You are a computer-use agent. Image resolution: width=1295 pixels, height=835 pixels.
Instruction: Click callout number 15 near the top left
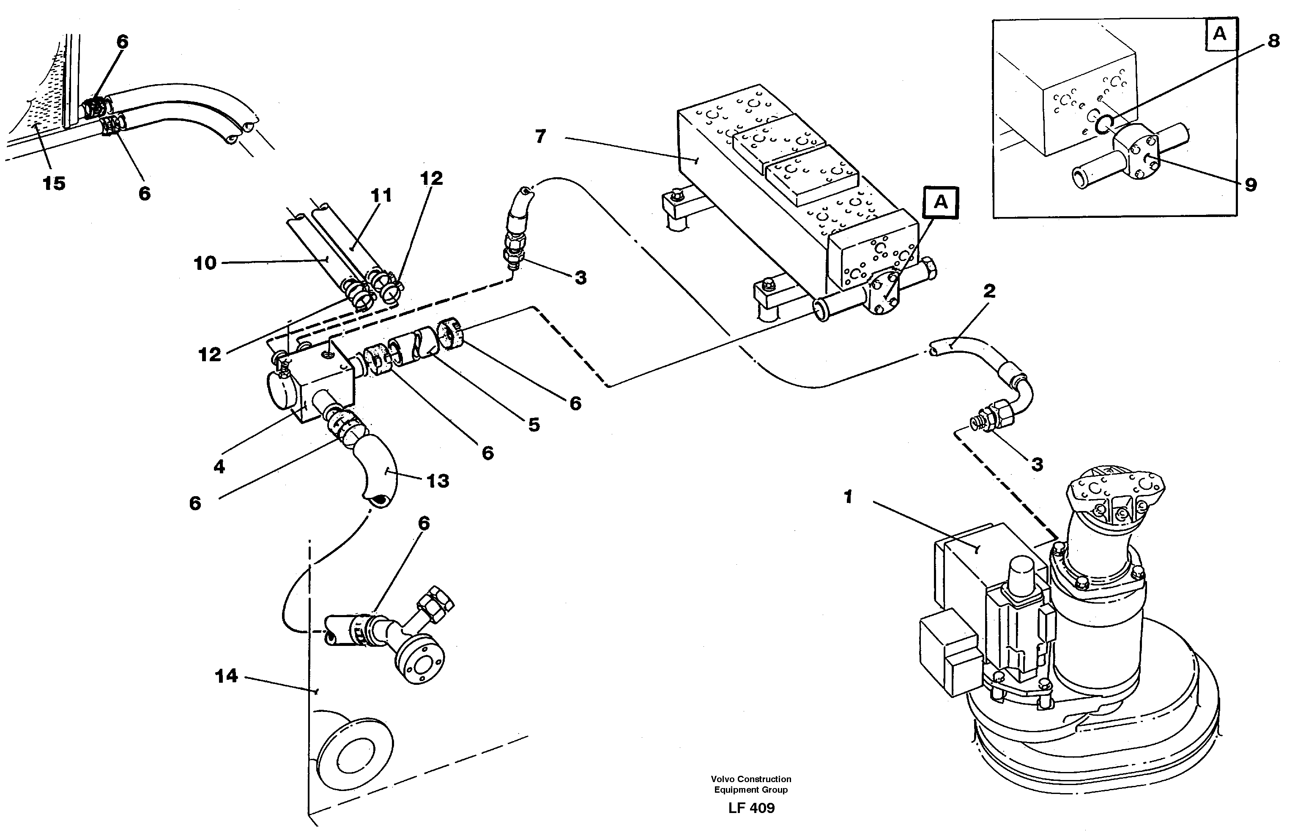tap(54, 183)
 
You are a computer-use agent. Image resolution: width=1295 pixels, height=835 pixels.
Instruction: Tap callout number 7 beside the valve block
tap(540, 136)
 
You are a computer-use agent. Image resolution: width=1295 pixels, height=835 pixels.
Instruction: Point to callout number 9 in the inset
tap(1251, 185)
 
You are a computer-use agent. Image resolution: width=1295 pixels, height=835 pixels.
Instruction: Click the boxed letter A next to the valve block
tap(941, 202)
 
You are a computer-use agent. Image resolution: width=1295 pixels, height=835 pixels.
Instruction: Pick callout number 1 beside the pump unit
tap(849, 496)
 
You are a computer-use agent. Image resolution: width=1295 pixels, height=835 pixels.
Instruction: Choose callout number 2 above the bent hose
tap(989, 291)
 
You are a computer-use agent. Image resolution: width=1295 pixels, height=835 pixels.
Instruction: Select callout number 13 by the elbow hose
tap(438, 481)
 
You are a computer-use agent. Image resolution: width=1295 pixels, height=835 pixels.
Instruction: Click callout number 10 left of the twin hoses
tap(205, 263)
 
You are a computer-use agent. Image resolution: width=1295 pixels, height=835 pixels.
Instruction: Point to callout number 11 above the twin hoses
tap(381, 195)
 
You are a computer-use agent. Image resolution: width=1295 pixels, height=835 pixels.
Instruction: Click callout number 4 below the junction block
tap(219, 466)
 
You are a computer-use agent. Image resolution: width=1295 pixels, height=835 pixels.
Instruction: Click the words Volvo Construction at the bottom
tap(751, 779)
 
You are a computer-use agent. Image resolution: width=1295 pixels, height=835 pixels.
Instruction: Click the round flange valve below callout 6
tap(419, 662)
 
